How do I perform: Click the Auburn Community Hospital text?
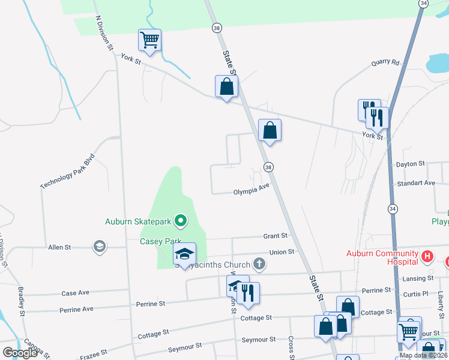point(382,257)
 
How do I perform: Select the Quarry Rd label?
point(385,62)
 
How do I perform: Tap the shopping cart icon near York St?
point(149,40)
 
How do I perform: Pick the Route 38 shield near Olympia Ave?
point(268,167)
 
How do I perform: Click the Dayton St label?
point(410,163)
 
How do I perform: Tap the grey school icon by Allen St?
point(99,246)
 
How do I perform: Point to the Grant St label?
point(275,236)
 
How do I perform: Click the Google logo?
point(20,353)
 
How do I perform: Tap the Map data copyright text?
point(423,355)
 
